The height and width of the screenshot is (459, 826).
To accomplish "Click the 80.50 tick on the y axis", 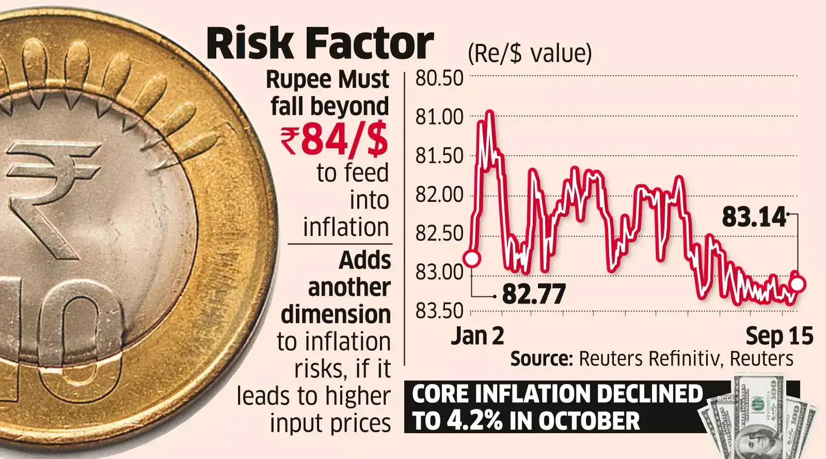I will pyautogui.click(x=439, y=78).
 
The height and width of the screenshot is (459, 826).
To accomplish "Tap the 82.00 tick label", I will pyautogui.click(x=439, y=195).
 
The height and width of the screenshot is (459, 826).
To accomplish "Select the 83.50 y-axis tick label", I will pyautogui.click(x=439, y=311).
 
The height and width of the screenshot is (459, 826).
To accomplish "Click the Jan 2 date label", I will pyautogui.click(x=478, y=336).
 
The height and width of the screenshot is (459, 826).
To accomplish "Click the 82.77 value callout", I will pyautogui.click(x=534, y=294).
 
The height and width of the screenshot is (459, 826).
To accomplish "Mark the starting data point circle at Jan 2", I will pyautogui.click(x=472, y=258).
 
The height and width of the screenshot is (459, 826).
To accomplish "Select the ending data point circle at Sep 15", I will pyautogui.click(x=798, y=283).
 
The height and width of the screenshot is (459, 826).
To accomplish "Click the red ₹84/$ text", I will pyautogui.click(x=335, y=140).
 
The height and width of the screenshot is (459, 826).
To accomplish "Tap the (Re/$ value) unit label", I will pyautogui.click(x=530, y=54).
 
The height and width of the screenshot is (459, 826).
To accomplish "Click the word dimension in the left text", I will pyautogui.click(x=336, y=314).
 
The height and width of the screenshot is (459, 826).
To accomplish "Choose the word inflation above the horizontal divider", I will pyautogui.click(x=346, y=227).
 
